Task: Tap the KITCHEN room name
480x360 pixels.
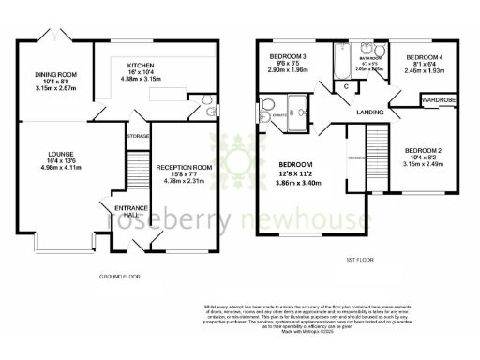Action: point(142,66)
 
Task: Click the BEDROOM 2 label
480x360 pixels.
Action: point(424,150)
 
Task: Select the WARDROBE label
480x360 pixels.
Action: point(438,97)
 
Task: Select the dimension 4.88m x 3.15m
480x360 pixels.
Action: point(142,78)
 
